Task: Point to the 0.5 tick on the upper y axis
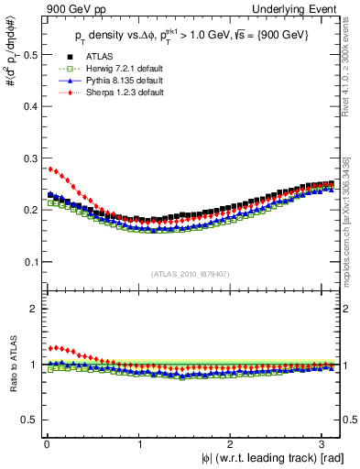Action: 31,55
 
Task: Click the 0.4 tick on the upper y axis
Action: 31,106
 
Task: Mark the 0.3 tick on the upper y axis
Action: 31,158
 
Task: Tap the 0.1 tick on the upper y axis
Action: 31,262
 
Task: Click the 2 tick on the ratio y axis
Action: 35,309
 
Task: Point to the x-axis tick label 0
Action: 46,443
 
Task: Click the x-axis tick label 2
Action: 234,443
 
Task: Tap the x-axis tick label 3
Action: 326,443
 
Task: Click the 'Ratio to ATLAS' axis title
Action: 11,365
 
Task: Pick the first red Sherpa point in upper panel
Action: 50,169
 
